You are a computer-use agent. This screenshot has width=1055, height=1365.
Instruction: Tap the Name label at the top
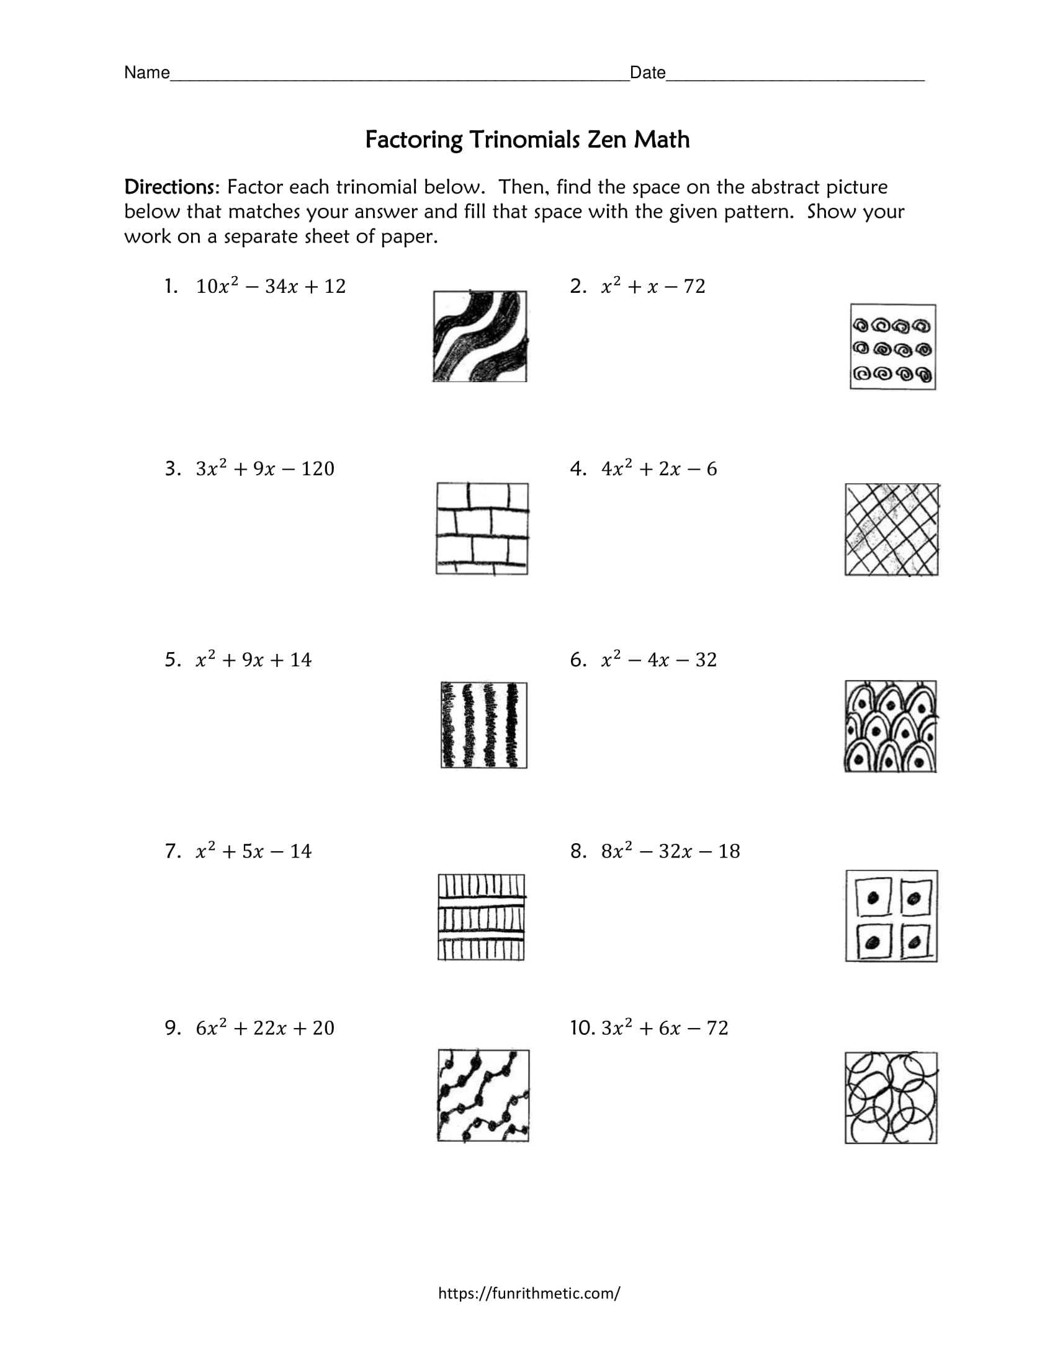pyautogui.click(x=147, y=73)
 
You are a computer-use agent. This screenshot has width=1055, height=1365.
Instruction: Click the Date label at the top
pyautogui.click(x=647, y=73)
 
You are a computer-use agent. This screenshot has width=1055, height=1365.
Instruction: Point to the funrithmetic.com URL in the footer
pyautogui.click(x=529, y=1293)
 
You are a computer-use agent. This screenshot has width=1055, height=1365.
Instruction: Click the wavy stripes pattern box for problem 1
pyautogui.click(x=480, y=336)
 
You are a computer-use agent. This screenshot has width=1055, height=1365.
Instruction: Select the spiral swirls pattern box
pyautogui.click(x=892, y=347)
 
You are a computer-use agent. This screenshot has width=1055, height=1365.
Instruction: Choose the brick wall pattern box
pyautogui.click(x=482, y=529)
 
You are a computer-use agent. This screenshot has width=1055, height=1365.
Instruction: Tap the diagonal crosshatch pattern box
pyautogui.click(x=892, y=529)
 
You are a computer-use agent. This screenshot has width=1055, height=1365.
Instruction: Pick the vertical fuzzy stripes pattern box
pyautogui.click(x=484, y=725)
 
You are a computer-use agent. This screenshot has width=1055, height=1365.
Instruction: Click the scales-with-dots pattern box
pyautogui.click(x=891, y=727)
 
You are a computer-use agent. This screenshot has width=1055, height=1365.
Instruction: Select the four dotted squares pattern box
pyautogui.click(x=891, y=916)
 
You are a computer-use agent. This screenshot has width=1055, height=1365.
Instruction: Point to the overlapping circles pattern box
pyautogui.click(x=891, y=1099)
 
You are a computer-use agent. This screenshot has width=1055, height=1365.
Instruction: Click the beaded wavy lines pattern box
pyautogui.click(x=483, y=1096)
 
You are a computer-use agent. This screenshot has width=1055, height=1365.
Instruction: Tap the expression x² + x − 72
pyautogui.click(x=653, y=286)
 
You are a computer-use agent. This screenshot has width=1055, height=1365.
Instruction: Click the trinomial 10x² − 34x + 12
pyautogui.click(x=271, y=286)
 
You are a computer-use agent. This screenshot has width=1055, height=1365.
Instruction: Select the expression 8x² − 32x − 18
pyautogui.click(x=670, y=851)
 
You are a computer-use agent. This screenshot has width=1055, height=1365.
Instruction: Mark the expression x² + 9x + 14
pyautogui.click(x=253, y=660)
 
